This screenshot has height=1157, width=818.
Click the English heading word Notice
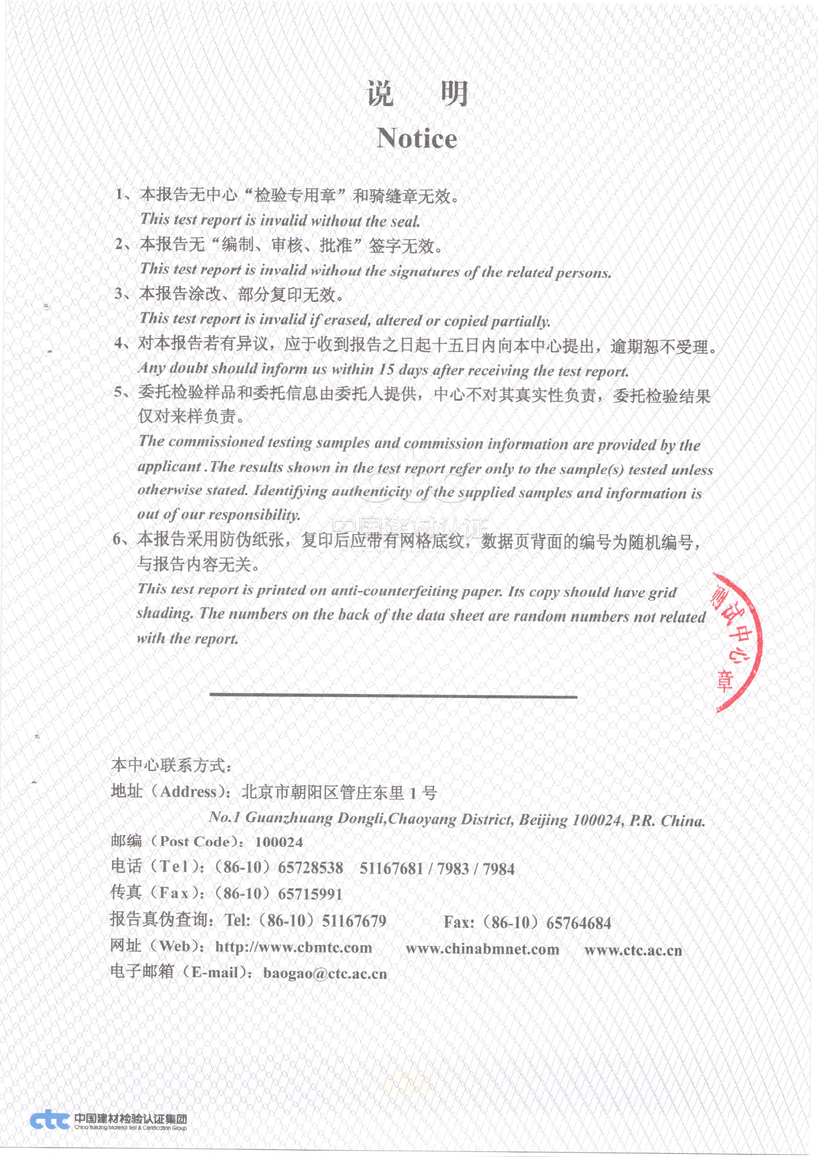417,138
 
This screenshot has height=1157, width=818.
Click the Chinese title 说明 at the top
418,94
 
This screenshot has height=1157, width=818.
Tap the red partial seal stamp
736,642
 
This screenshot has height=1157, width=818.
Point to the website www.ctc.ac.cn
633,950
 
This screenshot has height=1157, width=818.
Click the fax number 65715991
310,894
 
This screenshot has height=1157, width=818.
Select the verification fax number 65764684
578,923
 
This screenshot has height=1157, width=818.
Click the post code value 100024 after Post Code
279,842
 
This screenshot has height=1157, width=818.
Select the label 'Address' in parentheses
188,792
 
